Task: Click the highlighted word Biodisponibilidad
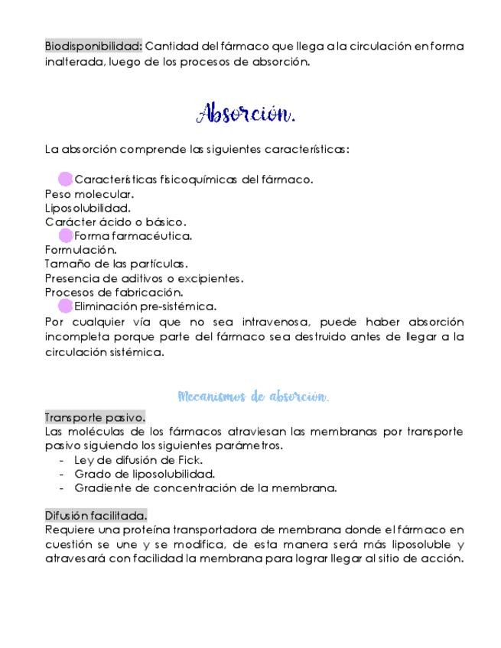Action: tap(93, 47)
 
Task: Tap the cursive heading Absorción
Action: tap(246, 114)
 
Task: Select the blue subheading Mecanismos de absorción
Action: tap(253, 397)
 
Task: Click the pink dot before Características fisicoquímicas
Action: tap(66, 180)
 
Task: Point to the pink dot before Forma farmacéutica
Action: tap(66, 235)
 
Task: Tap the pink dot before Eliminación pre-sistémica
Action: tap(66, 306)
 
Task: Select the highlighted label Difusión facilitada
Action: tap(96, 515)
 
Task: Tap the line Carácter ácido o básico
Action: tap(115, 222)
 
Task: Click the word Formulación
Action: tap(80, 249)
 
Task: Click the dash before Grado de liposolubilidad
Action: tap(61, 474)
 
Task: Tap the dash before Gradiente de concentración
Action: tap(61, 488)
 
